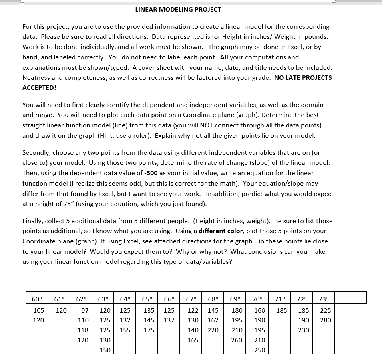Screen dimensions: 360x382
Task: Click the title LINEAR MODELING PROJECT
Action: [178, 9]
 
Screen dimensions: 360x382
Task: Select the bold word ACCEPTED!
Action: [39, 87]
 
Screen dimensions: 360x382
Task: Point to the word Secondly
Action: [36, 152]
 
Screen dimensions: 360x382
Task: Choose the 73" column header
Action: [324, 299]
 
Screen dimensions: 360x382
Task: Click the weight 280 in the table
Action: [326, 320]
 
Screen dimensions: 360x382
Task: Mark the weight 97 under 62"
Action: [85, 310]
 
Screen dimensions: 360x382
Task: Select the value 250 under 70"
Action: [259, 350]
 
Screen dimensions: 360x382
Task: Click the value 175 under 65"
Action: [149, 330]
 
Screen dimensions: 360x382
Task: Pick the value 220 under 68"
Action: [213, 330]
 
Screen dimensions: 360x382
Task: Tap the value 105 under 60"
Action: [39, 310]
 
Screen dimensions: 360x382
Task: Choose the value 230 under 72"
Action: [304, 330]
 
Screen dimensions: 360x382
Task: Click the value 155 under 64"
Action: [125, 330]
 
